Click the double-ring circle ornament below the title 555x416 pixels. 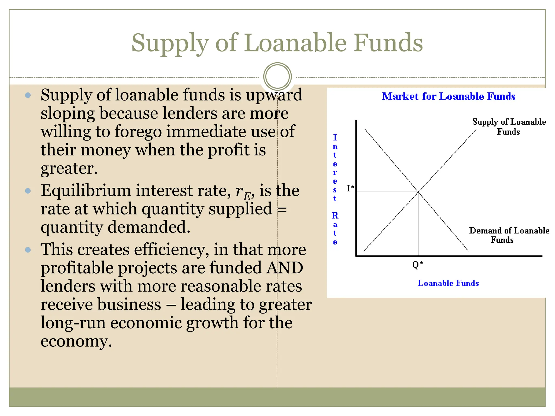[x=277, y=77]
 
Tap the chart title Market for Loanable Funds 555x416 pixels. [x=448, y=96]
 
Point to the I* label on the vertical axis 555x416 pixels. [x=350, y=188]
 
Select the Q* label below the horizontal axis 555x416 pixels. [x=418, y=264]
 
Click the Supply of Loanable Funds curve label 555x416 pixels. [x=509, y=127]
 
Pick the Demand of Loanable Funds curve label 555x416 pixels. [x=509, y=235]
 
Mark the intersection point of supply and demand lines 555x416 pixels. [x=418, y=191]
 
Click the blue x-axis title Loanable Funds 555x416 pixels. [x=448, y=283]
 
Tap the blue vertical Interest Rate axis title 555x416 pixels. [x=335, y=190]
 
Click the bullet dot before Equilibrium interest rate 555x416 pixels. [x=28, y=191]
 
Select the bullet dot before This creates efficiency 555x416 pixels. [x=28, y=250]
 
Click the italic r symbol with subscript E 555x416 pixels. [x=244, y=192]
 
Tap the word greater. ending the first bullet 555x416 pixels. [x=69, y=168]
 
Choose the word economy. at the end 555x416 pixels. [x=76, y=341]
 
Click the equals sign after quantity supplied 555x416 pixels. [x=282, y=209]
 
